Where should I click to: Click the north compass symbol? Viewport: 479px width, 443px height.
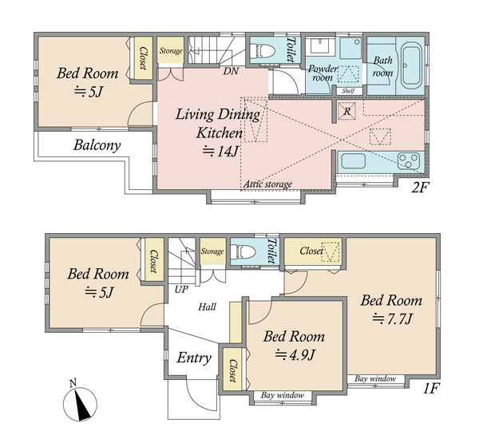tap(80, 402)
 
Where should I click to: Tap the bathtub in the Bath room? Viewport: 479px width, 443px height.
tap(411, 65)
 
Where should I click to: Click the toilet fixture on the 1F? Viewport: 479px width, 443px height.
tap(243, 251)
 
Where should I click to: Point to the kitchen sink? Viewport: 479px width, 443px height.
tap(354, 160)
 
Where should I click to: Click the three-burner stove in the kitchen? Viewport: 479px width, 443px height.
tap(409, 161)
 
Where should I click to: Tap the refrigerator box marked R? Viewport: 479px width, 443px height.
tap(346, 111)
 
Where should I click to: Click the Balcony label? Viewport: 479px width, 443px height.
tap(97, 145)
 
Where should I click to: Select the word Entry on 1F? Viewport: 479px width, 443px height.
tap(194, 358)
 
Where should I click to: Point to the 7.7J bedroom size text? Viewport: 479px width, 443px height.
tap(393, 319)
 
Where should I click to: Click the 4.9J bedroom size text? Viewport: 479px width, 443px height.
tap(295, 355)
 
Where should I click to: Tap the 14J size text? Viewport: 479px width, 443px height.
tap(220, 151)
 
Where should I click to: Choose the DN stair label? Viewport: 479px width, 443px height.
tap(231, 71)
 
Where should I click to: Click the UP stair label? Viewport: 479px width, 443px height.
tap(181, 289)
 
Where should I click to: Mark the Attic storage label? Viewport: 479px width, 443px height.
tap(267, 184)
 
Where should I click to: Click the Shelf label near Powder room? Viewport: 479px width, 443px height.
tap(348, 91)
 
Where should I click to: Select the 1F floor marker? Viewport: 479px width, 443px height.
tap(431, 389)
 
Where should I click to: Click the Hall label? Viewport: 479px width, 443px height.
tap(207, 307)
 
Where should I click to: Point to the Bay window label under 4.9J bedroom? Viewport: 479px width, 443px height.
tap(283, 395)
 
